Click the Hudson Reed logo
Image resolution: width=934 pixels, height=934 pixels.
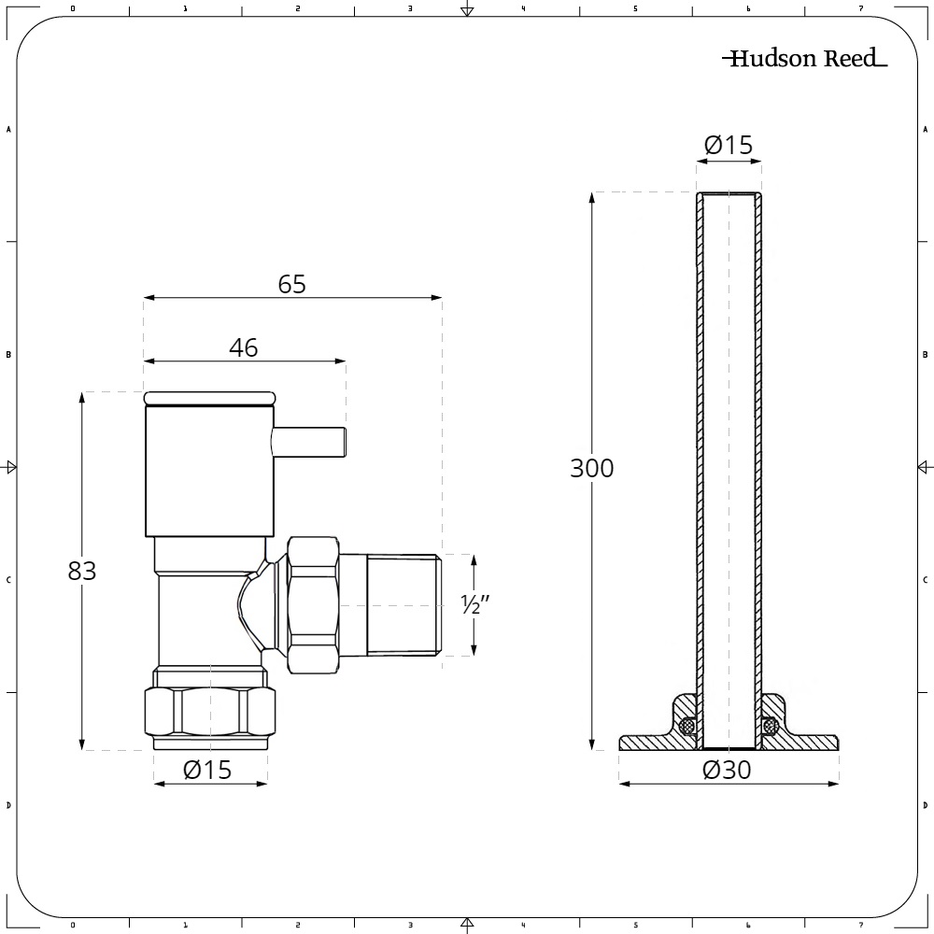pos(804,60)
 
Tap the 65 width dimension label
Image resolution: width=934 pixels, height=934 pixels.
pos(292,284)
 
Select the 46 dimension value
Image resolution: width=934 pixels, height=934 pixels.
pos(244,347)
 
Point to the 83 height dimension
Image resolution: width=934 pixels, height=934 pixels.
pos(82,571)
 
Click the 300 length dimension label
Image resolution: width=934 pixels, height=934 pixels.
pos(592,468)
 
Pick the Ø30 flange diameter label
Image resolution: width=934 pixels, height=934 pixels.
pos(727,770)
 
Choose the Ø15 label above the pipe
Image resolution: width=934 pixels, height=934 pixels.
pos(729,145)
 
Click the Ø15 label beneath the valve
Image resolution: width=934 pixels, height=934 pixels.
pos(207,770)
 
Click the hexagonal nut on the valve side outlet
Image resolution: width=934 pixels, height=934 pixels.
pos(313,605)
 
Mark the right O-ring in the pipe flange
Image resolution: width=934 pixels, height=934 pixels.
pos(771,725)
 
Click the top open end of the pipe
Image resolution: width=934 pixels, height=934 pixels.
pos(729,195)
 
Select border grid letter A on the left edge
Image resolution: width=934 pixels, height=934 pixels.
pos(8,130)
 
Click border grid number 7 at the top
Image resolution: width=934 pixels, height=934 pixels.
pos(860,9)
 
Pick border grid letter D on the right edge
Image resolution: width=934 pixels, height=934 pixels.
pos(925,805)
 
